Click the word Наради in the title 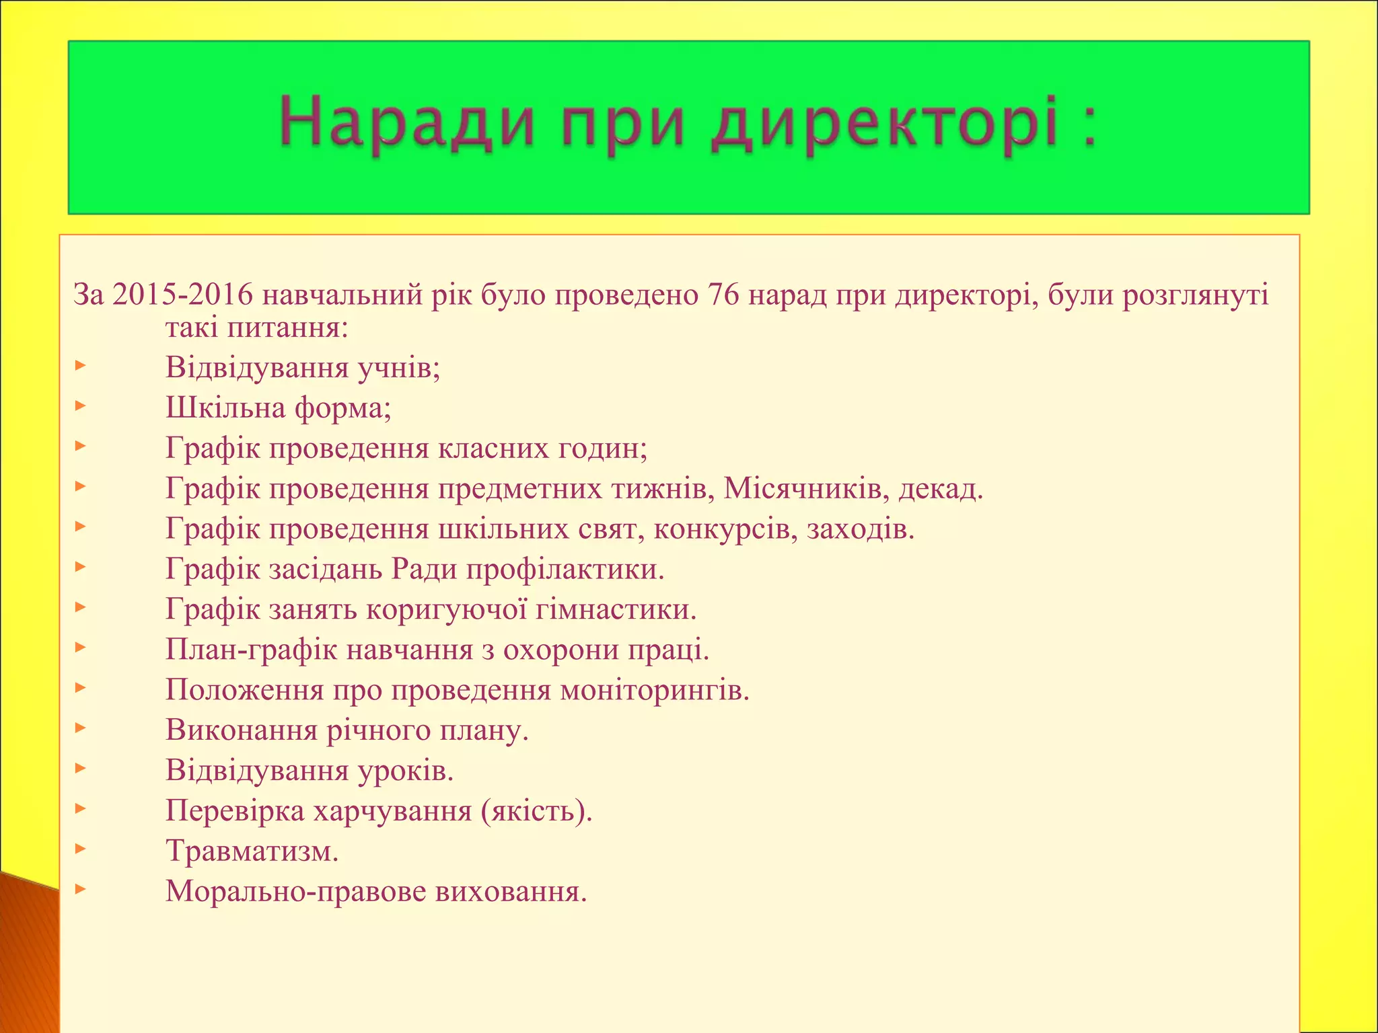click(x=406, y=122)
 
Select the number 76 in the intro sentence click(x=723, y=295)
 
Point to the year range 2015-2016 click(x=183, y=295)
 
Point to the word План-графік click(x=251, y=650)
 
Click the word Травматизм click(x=252, y=851)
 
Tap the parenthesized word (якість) click(x=537, y=812)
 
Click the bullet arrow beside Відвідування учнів click(x=80, y=367)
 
